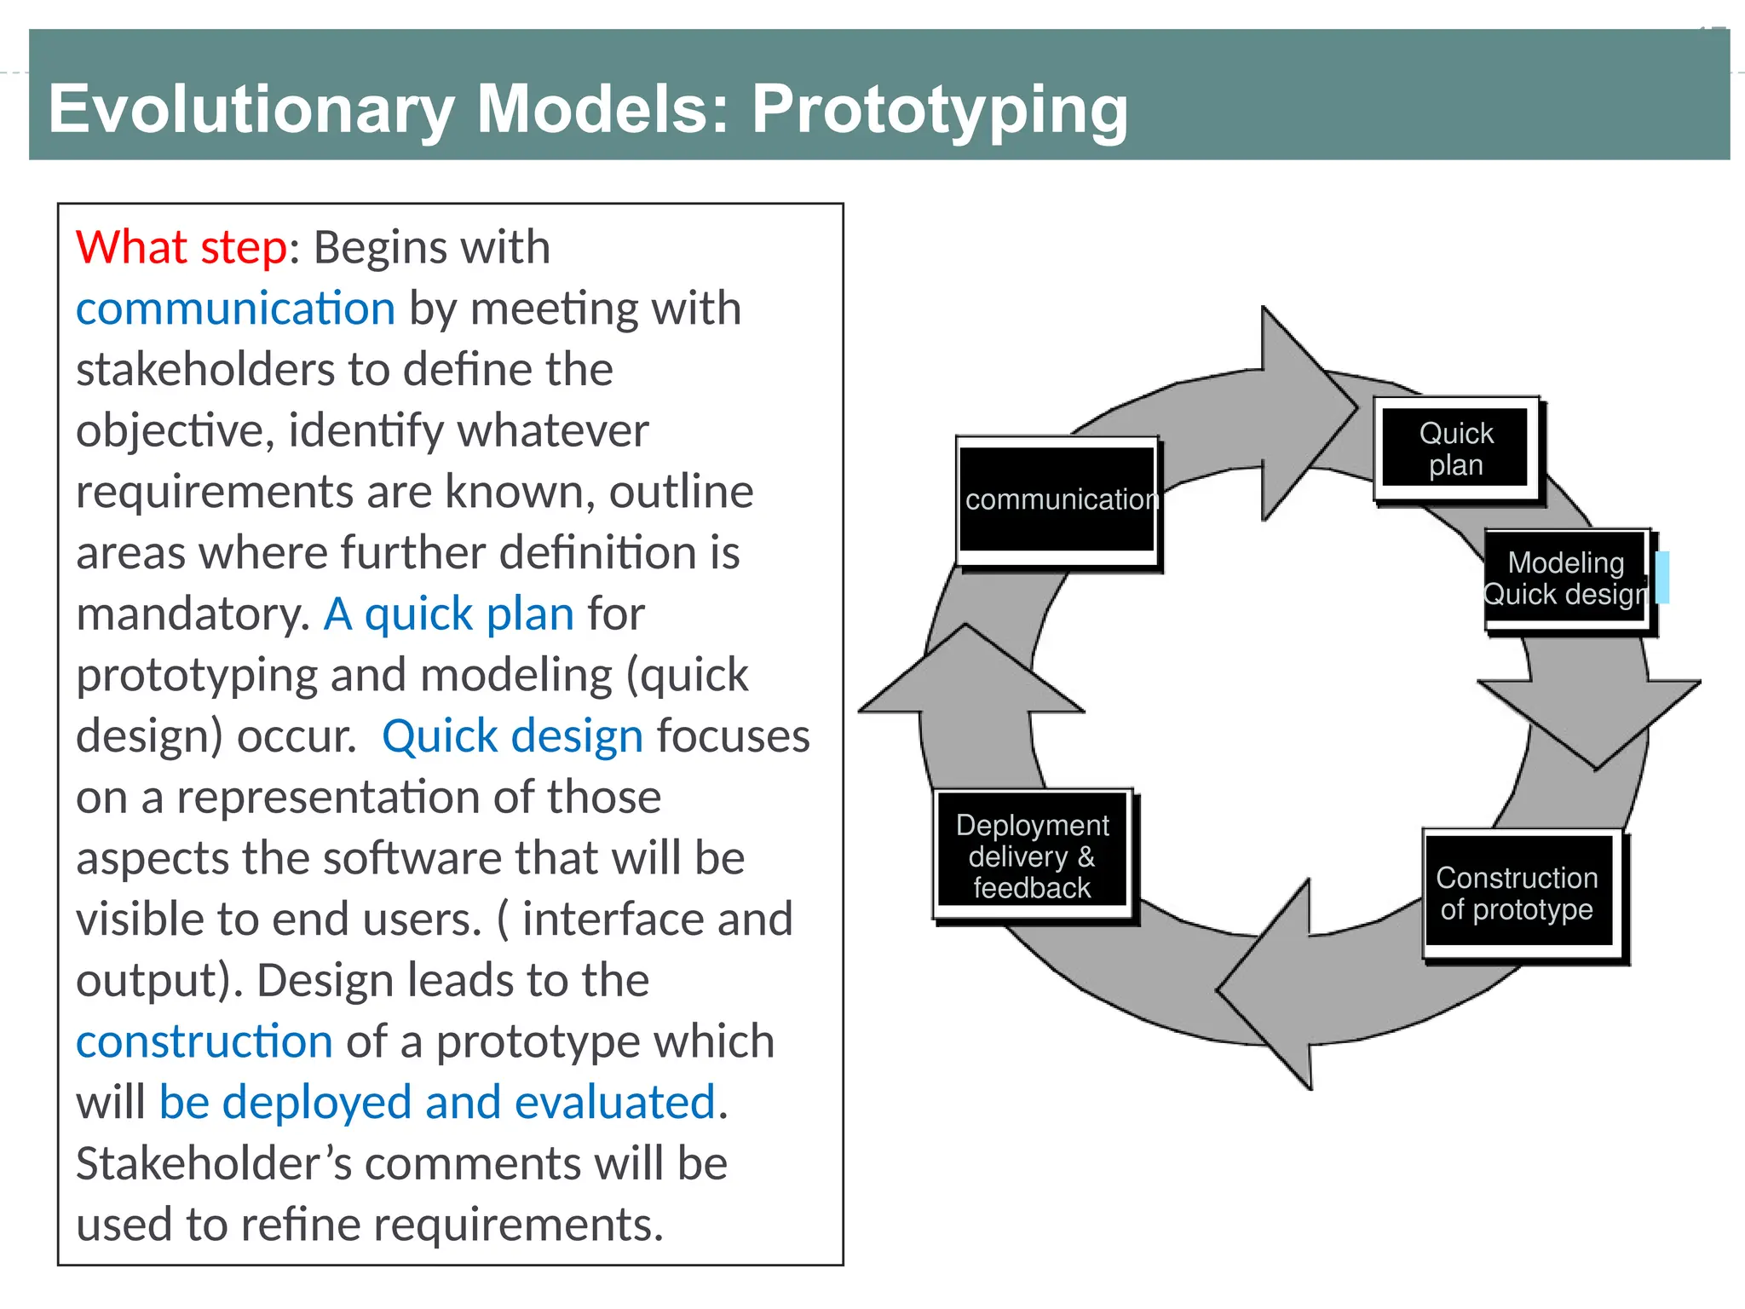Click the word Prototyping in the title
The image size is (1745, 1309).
[939, 109]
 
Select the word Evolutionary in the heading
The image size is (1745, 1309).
[251, 109]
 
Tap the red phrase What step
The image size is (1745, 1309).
[181, 248]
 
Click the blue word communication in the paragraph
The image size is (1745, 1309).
[235, 309]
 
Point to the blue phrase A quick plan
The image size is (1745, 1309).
[449, 614]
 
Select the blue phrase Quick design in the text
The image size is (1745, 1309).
[512, 736]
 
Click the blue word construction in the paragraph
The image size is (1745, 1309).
[204, 1041]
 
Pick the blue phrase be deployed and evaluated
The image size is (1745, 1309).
[437, 1103]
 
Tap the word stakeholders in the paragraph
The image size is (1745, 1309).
[204, 370]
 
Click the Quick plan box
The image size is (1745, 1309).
[1455, 449]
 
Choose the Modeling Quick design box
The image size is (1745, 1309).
[1566, 580]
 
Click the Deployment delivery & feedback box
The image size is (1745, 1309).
[1033, 856]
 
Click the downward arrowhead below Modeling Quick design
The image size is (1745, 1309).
[1590, 720]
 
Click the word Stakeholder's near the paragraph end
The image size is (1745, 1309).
[213, 1164]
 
